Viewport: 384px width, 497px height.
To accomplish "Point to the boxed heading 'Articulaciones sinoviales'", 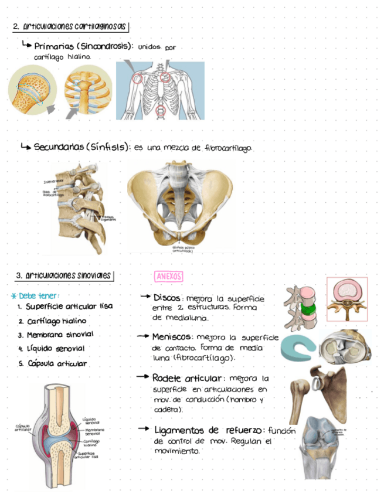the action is pos(64,275).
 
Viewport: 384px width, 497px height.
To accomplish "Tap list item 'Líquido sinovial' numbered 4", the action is pos(55,349).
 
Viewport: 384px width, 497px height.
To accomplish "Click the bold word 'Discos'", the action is pos(166,297).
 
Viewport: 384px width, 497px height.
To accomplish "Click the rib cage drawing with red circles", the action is pos(159,91).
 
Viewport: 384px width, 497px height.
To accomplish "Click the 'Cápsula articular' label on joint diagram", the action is pos(23,428).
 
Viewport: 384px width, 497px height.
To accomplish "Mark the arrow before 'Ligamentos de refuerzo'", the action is pos(144,428).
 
